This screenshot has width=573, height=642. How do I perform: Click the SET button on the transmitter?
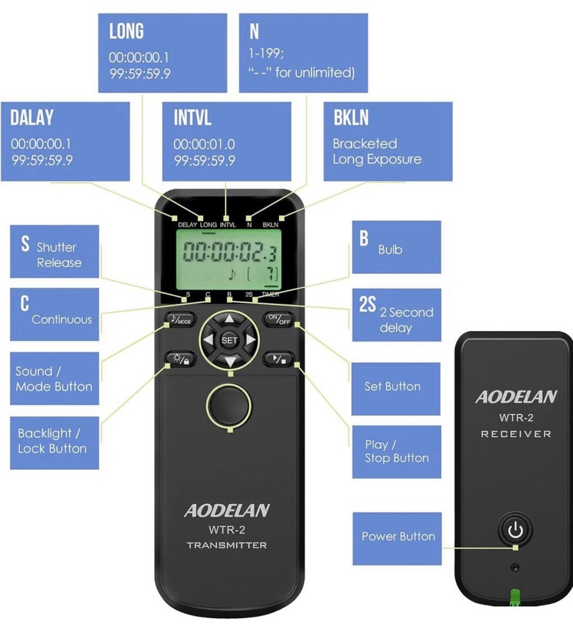[x=229, y=339]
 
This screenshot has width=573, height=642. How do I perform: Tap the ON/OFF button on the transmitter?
[x=279, y=318]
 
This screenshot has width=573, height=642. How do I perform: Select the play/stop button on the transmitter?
[x=279, y=359]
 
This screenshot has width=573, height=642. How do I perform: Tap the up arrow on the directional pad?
[x=229, y=318]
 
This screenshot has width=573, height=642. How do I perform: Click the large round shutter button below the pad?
[x=229, y=403]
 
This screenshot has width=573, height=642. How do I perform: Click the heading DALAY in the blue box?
[x=32, y=118]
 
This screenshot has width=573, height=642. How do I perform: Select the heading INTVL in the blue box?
[x=192, y=118]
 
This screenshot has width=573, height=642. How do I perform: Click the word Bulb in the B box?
[x=390, y=249]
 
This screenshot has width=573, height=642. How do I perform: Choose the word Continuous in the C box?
[x=62, y=319]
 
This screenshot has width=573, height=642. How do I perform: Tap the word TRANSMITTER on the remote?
[x=227, y=546]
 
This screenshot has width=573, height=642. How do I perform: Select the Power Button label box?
[x=397, y=537]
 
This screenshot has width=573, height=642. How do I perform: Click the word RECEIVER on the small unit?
[x=516, y=434]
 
